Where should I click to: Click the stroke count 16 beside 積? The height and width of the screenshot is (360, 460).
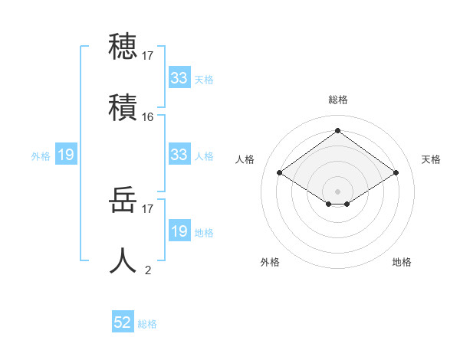[148, 117]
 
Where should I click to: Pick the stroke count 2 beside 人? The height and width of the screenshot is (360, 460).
[148, 270]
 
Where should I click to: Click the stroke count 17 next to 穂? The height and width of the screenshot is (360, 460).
[148, 55]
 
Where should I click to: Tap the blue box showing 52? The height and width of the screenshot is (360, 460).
[123, 322]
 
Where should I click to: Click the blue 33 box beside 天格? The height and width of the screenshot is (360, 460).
[179, 78]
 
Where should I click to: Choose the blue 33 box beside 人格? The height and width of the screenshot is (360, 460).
[179, 155]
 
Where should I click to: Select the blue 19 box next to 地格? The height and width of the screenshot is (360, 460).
[179, 231]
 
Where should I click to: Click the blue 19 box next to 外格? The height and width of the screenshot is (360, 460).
[66, 155]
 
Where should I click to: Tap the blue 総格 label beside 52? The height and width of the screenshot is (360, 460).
[147, 324]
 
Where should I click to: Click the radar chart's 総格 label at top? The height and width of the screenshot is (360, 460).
[337, 100]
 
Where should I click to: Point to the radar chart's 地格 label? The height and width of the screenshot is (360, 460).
[402, 262]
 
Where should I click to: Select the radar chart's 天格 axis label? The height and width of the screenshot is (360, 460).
[431, 159]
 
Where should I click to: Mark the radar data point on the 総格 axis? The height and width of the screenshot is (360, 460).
[337, 130]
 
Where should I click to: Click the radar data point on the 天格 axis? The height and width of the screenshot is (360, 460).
[396, 173]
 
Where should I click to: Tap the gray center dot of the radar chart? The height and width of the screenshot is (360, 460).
[337, 191]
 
